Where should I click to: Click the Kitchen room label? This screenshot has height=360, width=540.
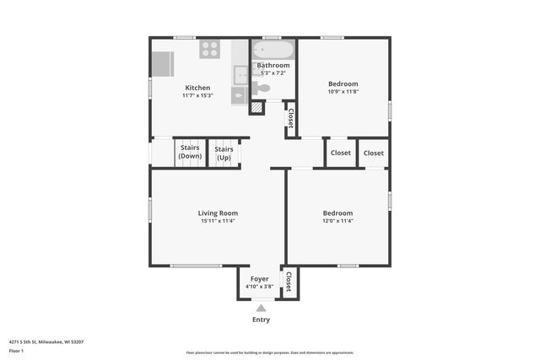[x=197, y=88]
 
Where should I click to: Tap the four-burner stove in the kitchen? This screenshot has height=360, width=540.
[x=210, y=50]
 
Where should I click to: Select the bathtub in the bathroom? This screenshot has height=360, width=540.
[x=273, y=50]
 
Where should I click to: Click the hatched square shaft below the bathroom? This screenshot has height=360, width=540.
[x=256, y=108]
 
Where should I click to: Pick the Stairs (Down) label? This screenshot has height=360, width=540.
[x=190, y=153]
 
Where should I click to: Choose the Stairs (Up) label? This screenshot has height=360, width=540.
[x=224, y=153]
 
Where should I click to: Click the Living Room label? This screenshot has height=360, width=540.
[x=218, y=213]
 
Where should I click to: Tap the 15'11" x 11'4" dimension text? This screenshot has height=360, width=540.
[x=218, y=222]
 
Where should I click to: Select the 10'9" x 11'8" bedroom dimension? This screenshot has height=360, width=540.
[x=343, y=92]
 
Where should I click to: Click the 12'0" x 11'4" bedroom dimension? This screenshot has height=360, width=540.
[x=337, y=222]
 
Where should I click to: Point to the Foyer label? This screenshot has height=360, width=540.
[x=259, y=279]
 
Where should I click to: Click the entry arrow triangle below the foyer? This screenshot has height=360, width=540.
[x=261, y=308]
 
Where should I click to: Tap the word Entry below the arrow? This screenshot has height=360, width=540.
[x=262, y=320]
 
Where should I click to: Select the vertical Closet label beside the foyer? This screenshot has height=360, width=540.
[x=289, y=282]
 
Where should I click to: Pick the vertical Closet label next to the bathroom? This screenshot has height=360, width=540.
[x=291, y=118]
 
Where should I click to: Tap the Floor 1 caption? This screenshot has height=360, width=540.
[x=17, y=351]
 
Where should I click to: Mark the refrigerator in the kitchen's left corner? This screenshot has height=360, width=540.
[x=163, y=63]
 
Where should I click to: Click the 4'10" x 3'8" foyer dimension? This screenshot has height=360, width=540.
[x=259, y=287]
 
